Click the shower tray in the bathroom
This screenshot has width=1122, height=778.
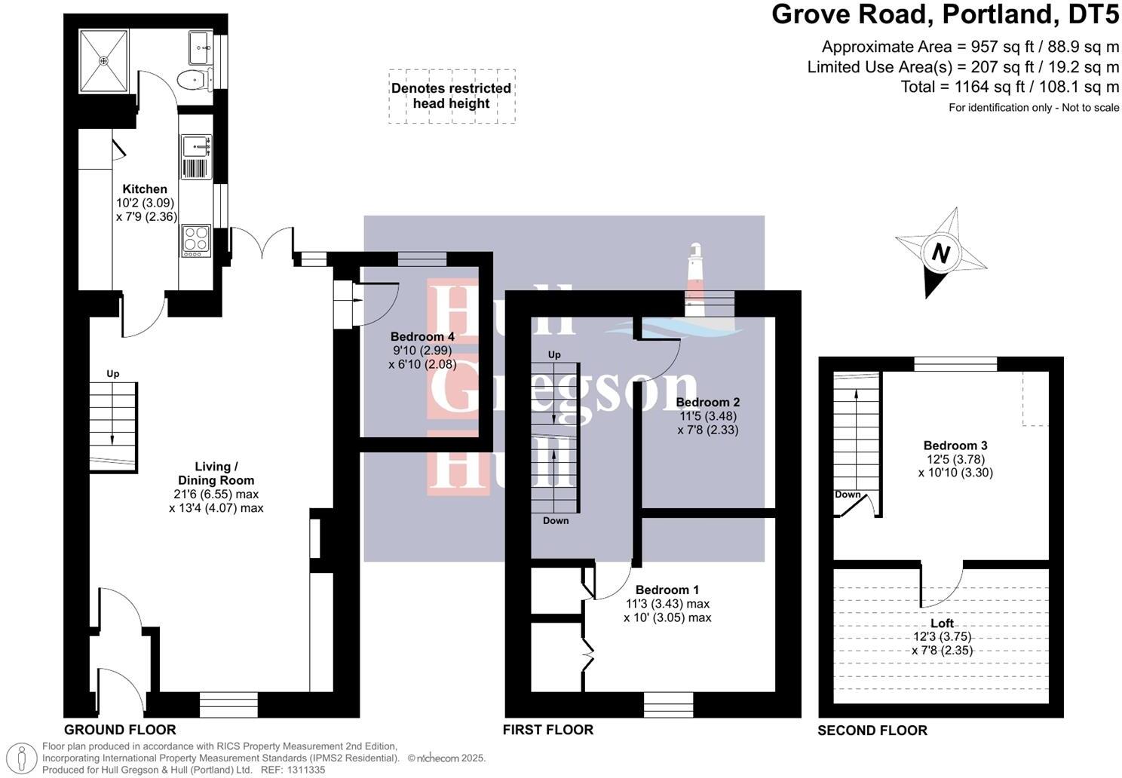104,59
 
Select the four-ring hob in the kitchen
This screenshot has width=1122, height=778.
196,240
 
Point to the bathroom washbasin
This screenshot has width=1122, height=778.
201,47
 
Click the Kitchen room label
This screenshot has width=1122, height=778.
145,189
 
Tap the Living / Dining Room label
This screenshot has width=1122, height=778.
216,473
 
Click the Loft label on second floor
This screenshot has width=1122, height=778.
942,623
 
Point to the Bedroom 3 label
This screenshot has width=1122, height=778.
955,446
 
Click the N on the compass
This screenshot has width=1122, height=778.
940,253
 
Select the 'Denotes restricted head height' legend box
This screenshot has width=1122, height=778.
452,96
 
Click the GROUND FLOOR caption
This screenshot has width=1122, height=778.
120,730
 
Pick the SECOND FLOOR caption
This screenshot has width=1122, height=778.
872,731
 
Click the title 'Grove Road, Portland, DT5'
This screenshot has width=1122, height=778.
945,14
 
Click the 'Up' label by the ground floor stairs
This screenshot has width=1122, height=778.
113,374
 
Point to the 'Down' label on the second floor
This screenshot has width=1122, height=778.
848,495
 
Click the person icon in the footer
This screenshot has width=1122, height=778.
26,758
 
